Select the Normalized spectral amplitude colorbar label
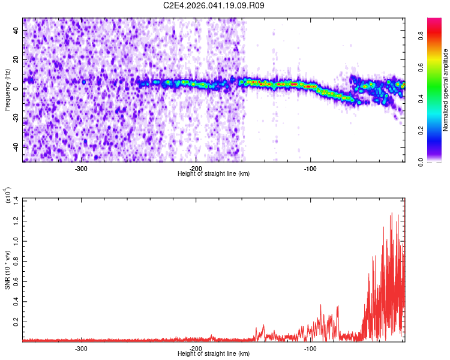[x=446, y=90]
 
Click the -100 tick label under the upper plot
[x=310, y=168]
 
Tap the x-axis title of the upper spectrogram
[x=214, y=174]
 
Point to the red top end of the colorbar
[x=434, y=21]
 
